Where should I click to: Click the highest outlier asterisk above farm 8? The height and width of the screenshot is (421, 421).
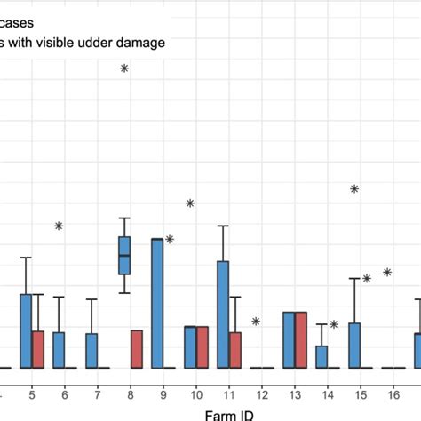[x=124, y=68]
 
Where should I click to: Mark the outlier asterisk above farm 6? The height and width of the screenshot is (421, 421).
[x=59, y=226]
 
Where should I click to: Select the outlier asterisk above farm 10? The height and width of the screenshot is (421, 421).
[x=190, y=204]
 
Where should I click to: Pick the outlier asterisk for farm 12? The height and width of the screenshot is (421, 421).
[x=256, y=322]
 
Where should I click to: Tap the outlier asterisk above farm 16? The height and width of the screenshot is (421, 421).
[x=387, y=272]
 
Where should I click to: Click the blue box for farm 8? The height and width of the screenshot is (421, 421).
[x=124, y=256]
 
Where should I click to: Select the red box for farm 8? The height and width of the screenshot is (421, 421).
[x=137, y=349]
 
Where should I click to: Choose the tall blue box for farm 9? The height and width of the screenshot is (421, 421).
[x=157, y=303]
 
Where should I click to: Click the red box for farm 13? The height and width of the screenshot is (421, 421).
[x=300, y=339]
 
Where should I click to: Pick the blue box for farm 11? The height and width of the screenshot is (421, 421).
[x=223, y=314]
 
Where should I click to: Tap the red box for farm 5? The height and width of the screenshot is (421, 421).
[x=38, y=349]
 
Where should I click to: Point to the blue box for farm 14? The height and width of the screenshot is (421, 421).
[x=322, y=356]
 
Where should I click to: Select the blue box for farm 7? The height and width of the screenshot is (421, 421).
[x=91, y=350]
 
